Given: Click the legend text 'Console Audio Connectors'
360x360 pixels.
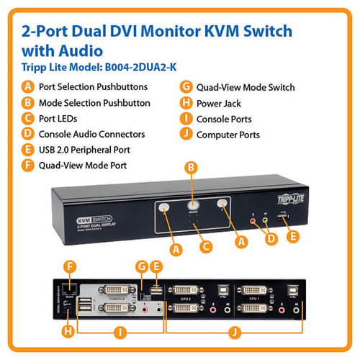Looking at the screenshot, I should tap(91, 134).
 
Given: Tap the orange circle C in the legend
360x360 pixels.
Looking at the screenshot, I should tap(28, 119).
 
